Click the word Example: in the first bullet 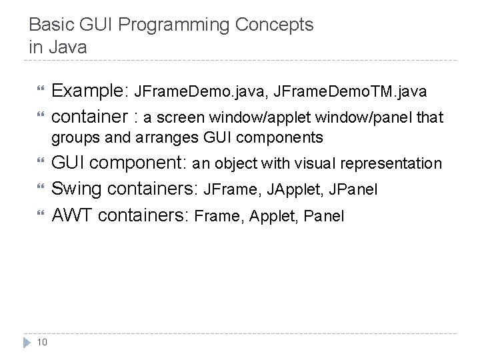91,91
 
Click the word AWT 70,215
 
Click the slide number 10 42,343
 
